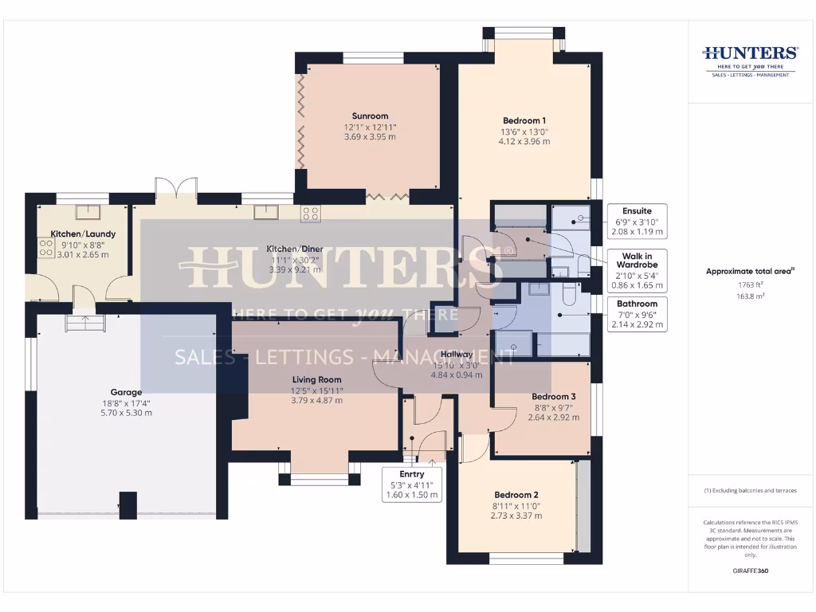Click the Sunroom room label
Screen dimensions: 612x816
point(370,116)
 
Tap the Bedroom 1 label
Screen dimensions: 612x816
point(524,120)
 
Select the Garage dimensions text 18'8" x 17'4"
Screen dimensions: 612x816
point(126,402)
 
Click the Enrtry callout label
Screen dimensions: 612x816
point(413,474)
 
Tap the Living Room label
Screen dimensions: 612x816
point(316,380)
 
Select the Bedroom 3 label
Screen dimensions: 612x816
point(553,396)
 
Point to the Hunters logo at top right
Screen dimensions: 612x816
point(749,60)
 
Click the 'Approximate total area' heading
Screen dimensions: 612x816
point(749,272)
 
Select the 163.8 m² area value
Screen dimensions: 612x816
point(749,295)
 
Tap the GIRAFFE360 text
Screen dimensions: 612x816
point(749,571)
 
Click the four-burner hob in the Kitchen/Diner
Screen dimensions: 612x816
point(311,213)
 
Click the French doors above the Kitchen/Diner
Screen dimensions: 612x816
point(177,188)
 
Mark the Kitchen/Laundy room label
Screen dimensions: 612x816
point(84,233)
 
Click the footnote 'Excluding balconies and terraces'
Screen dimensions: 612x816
point(749,490)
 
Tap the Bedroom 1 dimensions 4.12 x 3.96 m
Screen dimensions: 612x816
point(524,142)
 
